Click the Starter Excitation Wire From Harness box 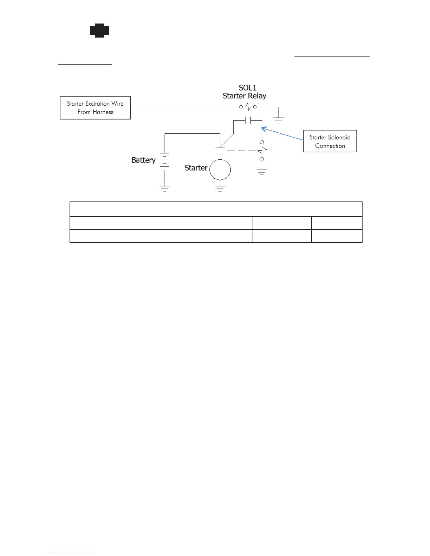pyautogui.click(x=95, y=108)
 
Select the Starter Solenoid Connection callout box pyautogui.click(x=330, y=141)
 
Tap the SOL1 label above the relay pyautogui.click(x=247, y=88)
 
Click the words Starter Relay pyautogui.click(x=245, y=96)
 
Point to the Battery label pyautogui.click(x=143, y=160)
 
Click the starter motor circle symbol pyautogui.click(x=220, y=170)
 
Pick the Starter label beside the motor pyautogui.click(x=196, y=168)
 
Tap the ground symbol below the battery pyautogui.click(x=164, y=188)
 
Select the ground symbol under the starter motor pyautogui.click(x=220, y=189)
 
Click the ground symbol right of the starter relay pyautogui.click(x=279, y=120)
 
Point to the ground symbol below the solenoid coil pyautogui.click(x=262, y=172)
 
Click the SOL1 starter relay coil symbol pyautogui.click(x=248, y=106)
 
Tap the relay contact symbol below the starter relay pyautogui.click(x=247, y=121)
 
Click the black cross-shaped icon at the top pyautogui.click(x=99, y=31)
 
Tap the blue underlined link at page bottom pyautogui.click(x=70, y=553)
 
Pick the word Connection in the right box pyautogui.click(x=330, y=146)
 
